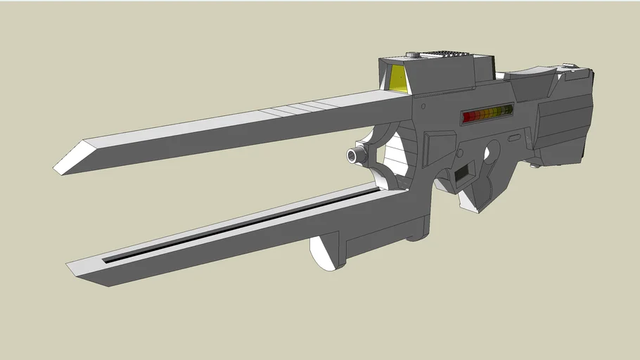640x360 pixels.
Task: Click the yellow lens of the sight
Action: (398, 79)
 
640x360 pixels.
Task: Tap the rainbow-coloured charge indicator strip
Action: (487, 114)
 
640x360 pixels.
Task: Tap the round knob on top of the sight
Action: (413, 54)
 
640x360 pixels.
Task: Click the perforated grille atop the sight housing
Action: (447, 54)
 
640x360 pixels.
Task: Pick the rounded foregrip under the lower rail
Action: (325, 253)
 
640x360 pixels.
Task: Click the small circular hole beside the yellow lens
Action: (423, 107)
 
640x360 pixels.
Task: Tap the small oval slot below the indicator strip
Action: (514, 138)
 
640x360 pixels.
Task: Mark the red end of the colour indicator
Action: (467, 117)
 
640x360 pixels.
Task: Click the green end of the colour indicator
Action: (506, 110)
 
